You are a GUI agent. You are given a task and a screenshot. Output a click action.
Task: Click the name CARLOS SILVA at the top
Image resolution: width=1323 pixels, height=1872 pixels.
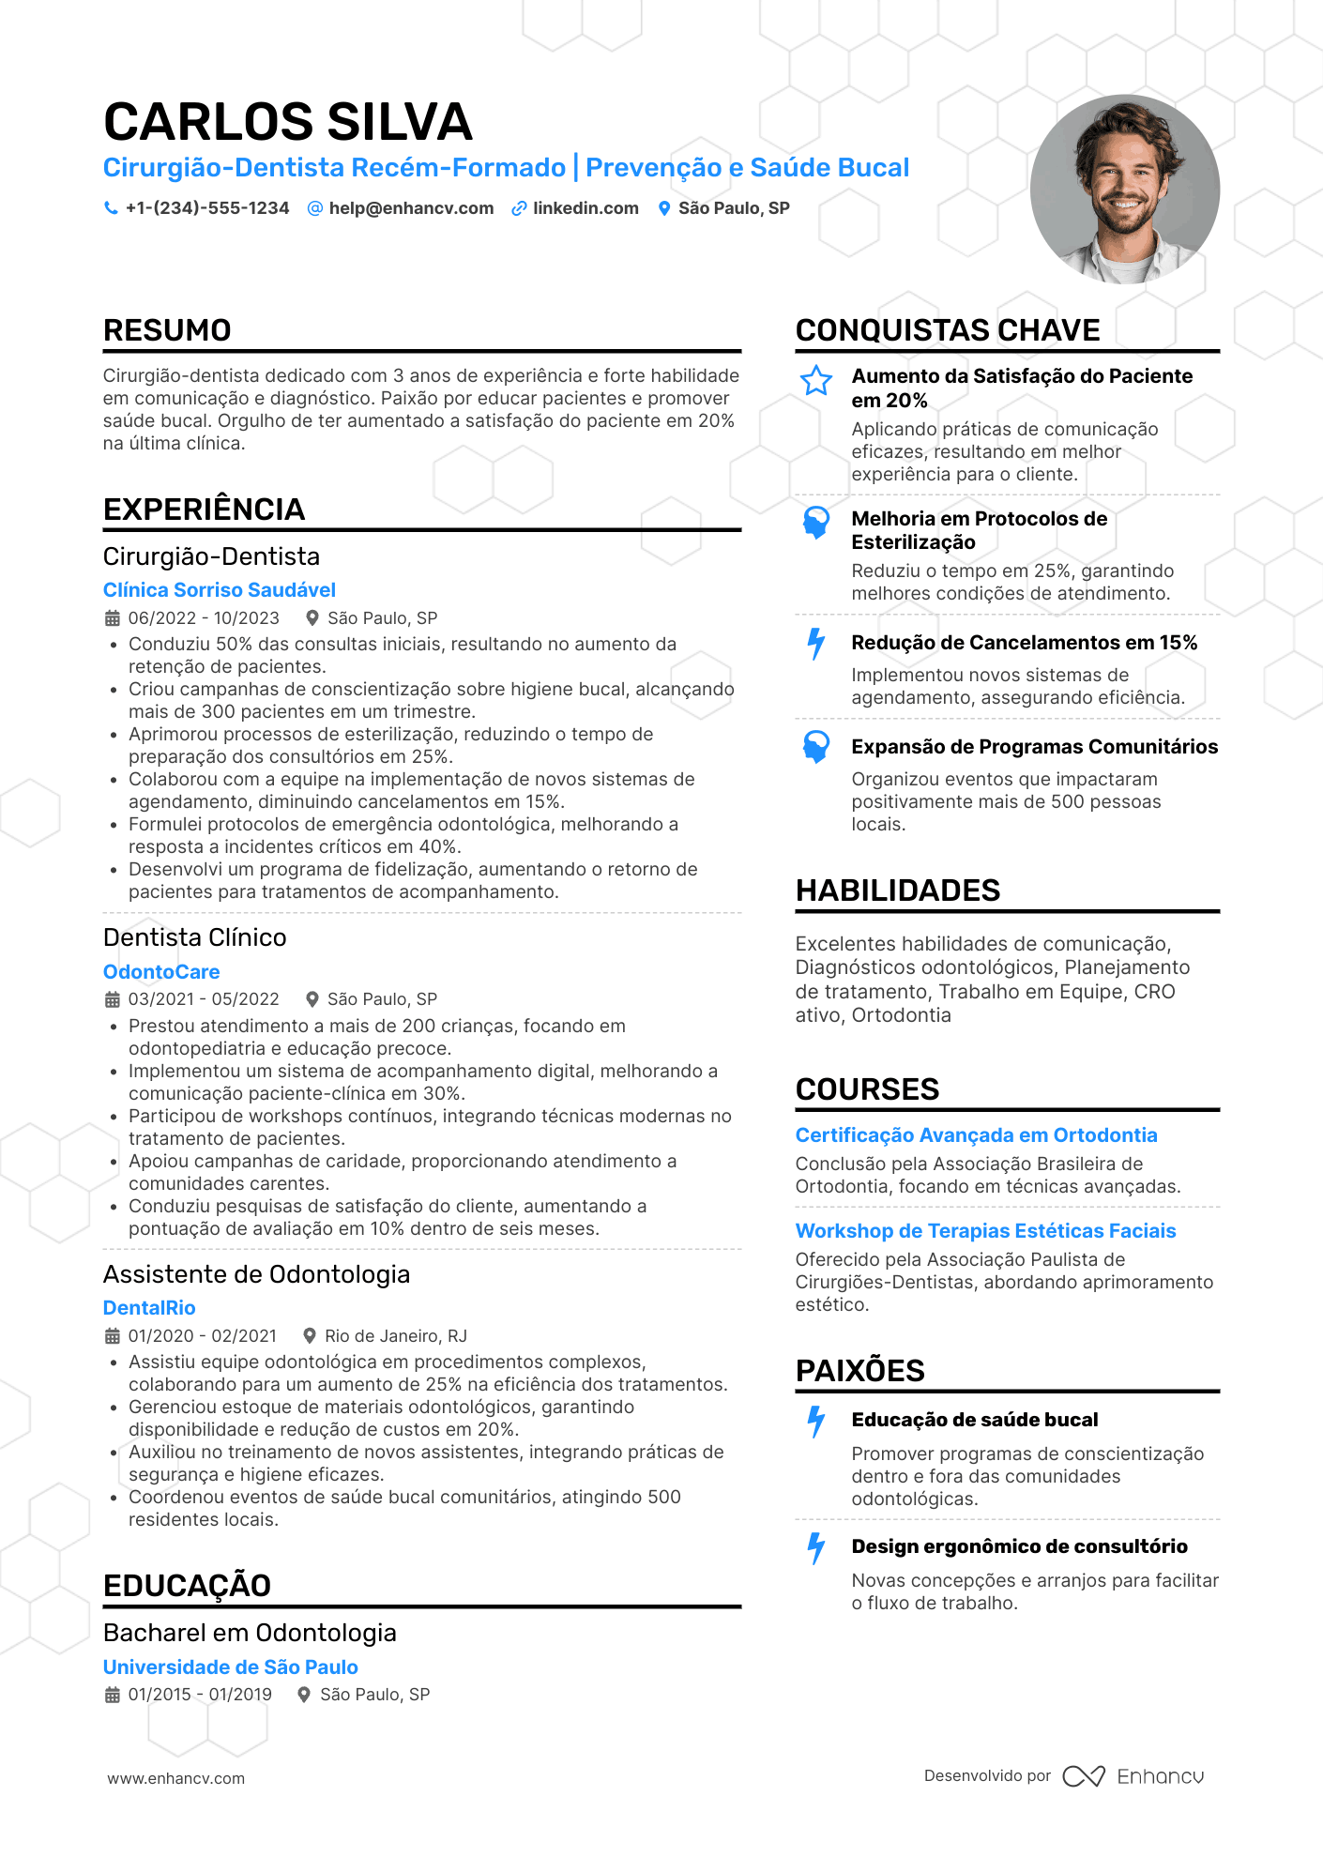click(287, 122)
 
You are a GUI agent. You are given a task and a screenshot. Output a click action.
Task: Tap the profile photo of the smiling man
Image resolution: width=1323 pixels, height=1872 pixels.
click(1124, 189)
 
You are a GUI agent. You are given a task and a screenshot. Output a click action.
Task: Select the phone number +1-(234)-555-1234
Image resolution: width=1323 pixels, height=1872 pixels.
click(207, 208)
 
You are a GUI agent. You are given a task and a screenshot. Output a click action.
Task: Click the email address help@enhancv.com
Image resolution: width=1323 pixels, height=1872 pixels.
click(411, 208)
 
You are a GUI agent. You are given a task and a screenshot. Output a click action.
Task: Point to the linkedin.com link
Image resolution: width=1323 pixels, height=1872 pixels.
click(585, 208)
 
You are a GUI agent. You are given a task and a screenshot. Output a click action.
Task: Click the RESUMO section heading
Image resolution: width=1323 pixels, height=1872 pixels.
click(167, 330)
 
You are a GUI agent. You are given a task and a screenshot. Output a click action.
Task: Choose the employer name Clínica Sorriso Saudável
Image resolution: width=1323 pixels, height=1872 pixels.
click(220, 590)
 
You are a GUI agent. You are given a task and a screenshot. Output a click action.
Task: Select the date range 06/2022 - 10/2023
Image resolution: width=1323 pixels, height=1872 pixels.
click(204, 618)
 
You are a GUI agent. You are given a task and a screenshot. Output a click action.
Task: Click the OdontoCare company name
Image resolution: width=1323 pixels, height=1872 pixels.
click(161, 972)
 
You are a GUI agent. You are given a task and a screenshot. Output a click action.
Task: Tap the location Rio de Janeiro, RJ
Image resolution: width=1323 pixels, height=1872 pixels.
click(395, 1336)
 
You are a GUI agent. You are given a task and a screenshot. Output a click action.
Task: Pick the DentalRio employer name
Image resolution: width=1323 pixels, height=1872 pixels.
click(149, 1308)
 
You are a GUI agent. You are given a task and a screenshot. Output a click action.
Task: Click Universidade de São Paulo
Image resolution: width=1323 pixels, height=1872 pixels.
click(231, 1667)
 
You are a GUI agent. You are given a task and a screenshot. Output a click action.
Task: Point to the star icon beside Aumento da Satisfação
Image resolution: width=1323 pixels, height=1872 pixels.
click(816, 380)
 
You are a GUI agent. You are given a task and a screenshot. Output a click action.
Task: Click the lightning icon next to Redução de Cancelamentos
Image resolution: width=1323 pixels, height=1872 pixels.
click(816, 645)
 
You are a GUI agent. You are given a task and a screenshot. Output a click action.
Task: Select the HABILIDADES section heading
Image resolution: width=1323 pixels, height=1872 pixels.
click(898, 890)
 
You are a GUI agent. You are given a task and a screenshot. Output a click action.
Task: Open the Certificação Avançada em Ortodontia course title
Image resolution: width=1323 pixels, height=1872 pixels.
click(976, 1135)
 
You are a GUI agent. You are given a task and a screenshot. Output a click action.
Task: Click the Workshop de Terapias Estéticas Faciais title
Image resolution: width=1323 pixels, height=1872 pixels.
click(985, 1231)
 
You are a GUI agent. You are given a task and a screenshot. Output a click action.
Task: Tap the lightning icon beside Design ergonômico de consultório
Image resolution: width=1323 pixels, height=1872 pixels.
click(816, 1548)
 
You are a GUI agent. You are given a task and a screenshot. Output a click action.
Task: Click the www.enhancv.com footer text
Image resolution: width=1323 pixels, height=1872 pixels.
click(176, 1778)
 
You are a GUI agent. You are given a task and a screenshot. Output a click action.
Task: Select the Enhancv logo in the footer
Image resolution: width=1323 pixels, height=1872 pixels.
click(1133, 1776)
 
